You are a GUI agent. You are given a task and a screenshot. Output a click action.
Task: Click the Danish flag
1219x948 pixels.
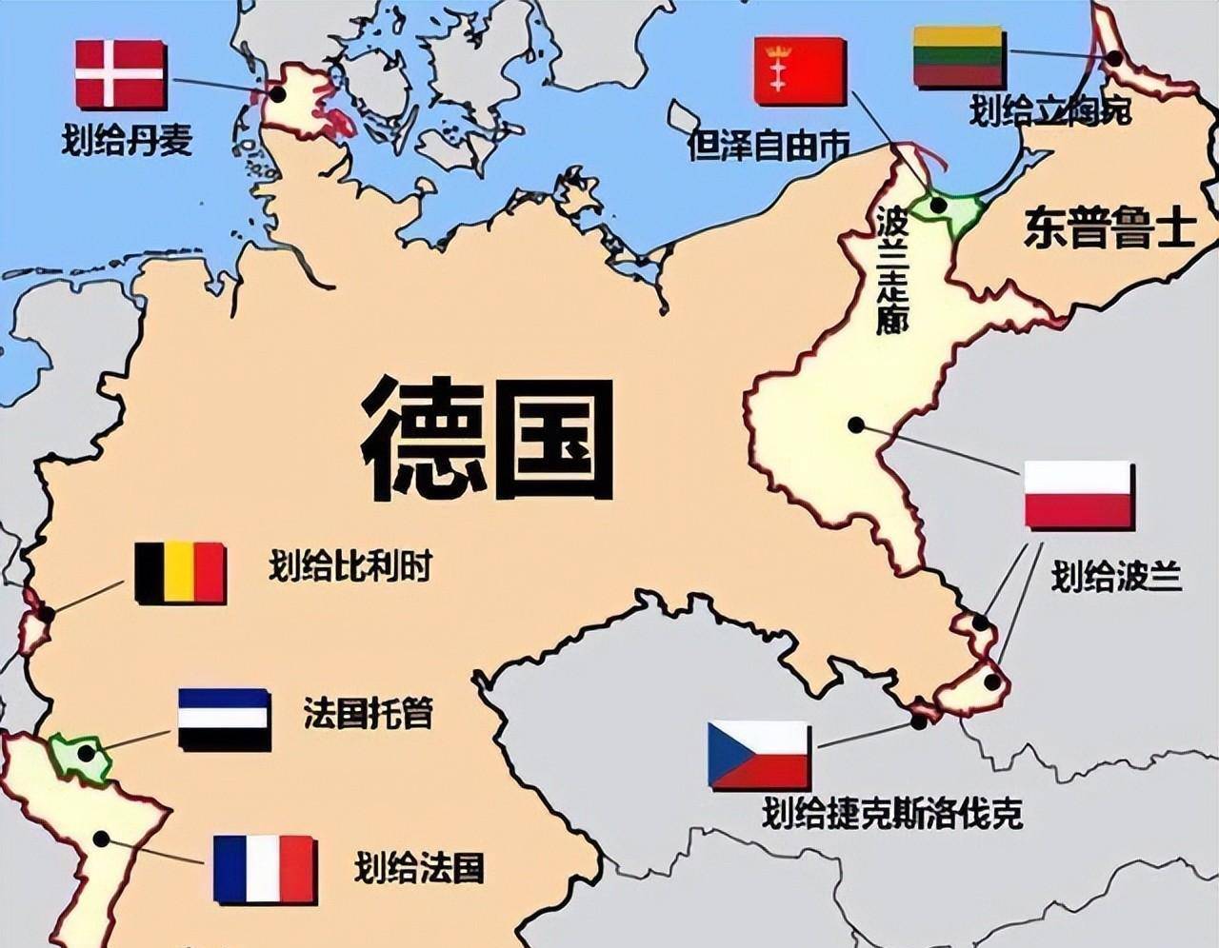coord(121,74)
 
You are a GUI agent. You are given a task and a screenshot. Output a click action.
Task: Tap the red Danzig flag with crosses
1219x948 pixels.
coord(800,70)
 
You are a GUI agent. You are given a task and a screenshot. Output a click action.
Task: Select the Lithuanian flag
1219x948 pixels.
coord(958,57)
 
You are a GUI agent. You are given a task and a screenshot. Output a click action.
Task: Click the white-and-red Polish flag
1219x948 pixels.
coord(1079,495)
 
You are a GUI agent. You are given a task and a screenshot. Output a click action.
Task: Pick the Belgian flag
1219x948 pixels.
coord(180,573)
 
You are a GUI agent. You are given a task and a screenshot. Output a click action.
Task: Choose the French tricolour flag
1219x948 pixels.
coord(265,869)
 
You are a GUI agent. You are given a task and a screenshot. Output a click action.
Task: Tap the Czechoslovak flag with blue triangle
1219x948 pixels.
coord(758,755)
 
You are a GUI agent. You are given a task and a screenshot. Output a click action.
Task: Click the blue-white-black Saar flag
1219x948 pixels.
coord(225,720)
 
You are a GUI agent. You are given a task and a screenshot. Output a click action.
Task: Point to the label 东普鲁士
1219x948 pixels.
coord(1109,228)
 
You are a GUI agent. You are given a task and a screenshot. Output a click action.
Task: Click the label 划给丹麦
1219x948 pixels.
coord(127,139)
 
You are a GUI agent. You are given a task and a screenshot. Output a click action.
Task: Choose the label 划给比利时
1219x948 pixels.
coord(350,567)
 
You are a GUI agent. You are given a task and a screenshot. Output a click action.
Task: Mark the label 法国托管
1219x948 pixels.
coord(368,712)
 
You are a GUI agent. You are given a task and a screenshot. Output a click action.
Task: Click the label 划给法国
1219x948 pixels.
coord(419,867)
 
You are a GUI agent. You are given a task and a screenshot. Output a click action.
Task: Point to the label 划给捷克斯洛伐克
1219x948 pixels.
coord(891,814)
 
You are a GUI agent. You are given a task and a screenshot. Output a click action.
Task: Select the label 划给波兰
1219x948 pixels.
coord(1116,577)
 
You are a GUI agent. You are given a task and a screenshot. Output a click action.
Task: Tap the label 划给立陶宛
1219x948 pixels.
coord(1050,111)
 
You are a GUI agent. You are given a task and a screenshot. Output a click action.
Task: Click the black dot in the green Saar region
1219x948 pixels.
coord(87,754)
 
